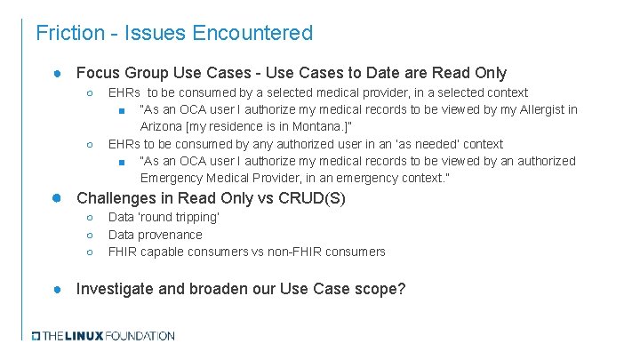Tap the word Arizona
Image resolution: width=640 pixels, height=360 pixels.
click(x=163, y=127)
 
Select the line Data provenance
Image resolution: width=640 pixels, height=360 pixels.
click(x=155, y=235)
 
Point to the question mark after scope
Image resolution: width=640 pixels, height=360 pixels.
click(x=402, y=289)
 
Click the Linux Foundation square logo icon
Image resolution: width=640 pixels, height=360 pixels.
click(x=36, y=336)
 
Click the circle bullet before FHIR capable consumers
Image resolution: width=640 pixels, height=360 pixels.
click(x=90, y=252)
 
